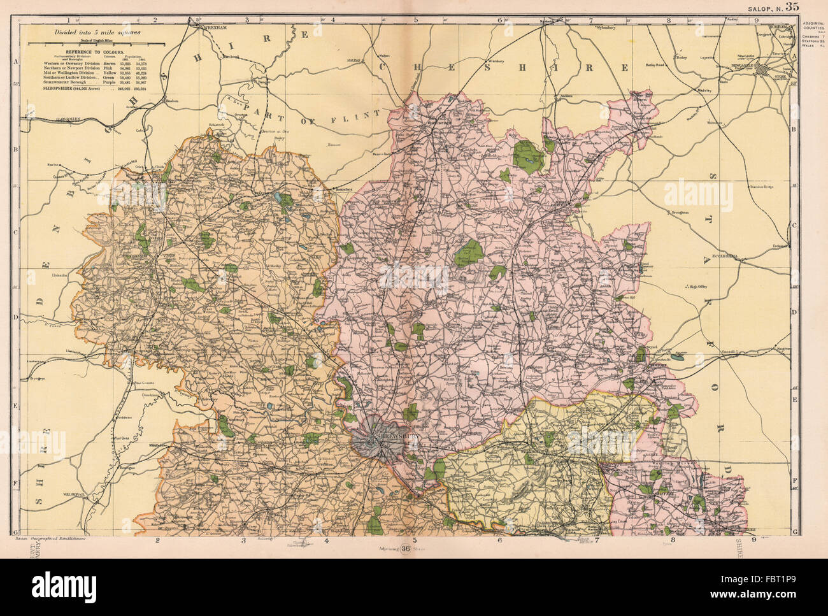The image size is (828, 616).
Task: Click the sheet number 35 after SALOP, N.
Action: [x=792, y=7]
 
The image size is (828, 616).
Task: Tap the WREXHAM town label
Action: [x=215, y=29]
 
